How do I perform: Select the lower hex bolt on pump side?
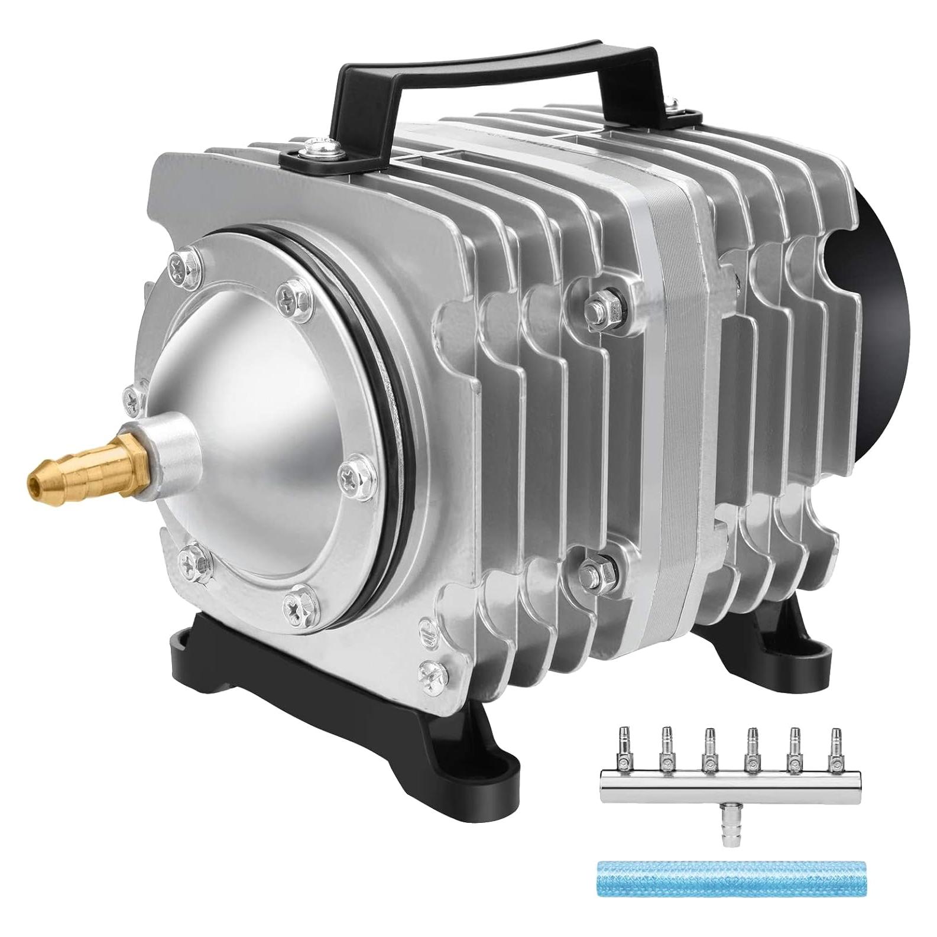point(591,570)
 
